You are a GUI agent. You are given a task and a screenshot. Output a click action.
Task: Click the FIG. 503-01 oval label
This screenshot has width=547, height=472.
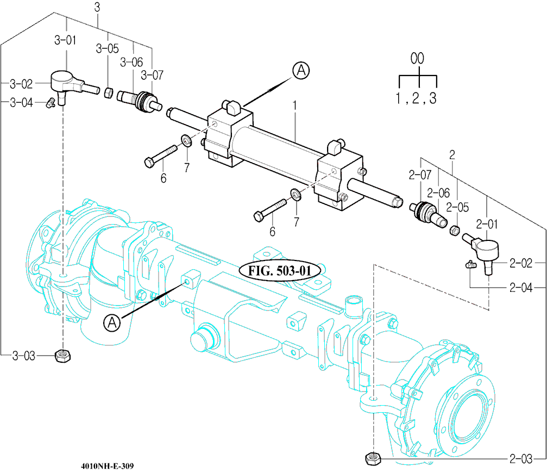(x=280, y=270)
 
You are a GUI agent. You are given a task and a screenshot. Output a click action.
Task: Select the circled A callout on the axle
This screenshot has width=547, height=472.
(x=112, y=322)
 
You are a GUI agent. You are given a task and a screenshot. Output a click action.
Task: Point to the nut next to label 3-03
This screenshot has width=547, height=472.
(x=64, y=356)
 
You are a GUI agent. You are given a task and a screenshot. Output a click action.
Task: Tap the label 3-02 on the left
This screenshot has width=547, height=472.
(x=21, y=84)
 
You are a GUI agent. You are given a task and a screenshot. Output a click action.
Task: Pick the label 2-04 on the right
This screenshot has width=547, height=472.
(x=521, y=287)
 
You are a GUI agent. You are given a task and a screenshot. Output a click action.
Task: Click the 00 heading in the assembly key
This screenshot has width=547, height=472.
(x=417, y=59)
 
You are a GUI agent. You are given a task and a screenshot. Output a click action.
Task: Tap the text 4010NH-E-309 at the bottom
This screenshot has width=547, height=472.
(x=107, y=466)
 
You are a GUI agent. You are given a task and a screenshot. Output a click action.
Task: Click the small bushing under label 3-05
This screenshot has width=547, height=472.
(x=108, y=93)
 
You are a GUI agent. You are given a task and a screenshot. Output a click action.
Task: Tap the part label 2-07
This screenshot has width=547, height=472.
(x=419, y=175)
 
